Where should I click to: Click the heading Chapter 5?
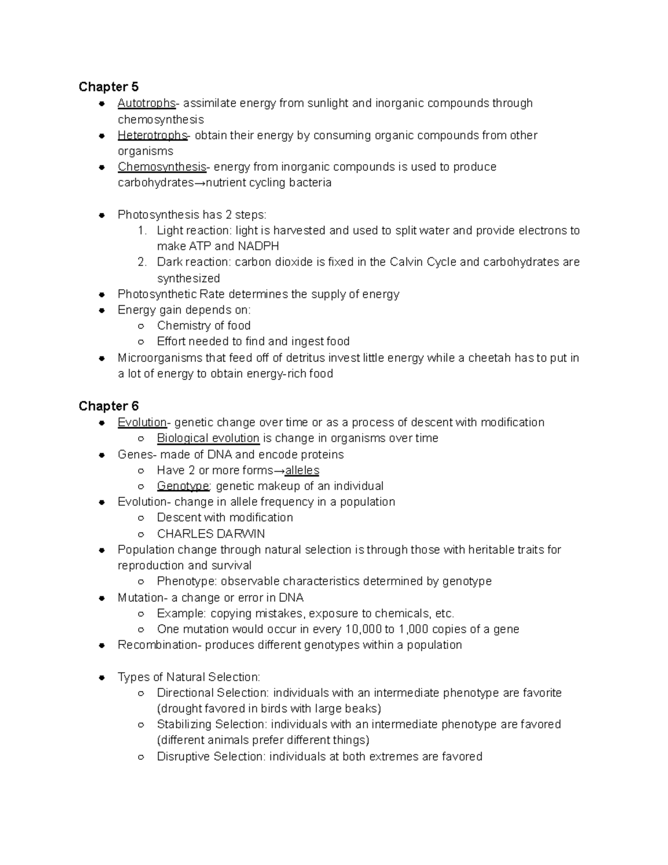point(109,87)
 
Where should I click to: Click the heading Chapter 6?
point(109,406)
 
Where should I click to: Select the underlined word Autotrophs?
point(146,103)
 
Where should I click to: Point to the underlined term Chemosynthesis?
point(162,167)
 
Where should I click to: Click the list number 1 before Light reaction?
point(142,231)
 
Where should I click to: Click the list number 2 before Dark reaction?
point(142,262)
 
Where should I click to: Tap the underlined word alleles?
point(302,471)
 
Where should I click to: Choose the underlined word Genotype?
point(183,486)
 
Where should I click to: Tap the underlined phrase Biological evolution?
point(208,438)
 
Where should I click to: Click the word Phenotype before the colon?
point(186,581)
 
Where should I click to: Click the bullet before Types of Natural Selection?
point(102,678)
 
